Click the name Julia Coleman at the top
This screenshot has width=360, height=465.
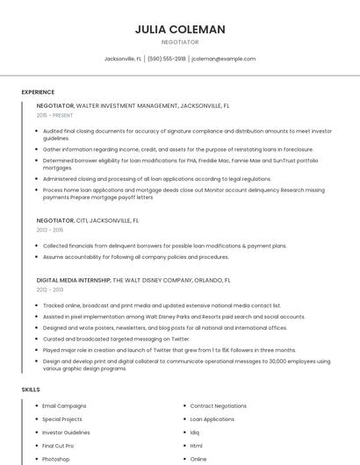point(180,29)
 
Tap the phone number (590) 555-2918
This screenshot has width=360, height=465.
point(167,59)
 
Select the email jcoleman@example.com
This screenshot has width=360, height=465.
point(223,59)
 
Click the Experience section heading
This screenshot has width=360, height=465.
point(38,92)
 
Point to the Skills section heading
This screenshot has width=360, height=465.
point(31,389)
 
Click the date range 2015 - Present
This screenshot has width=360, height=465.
point(55,115)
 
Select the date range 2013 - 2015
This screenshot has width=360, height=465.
point(50,231)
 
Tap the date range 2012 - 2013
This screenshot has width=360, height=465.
point(50,290)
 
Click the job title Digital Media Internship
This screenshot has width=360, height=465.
point(74,280)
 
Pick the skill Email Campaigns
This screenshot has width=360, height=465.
point(64,406)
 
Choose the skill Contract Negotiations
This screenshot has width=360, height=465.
point(219,406)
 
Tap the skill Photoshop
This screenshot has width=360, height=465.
point(55,459)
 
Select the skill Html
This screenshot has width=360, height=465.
point(197,446)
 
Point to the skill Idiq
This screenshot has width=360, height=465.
point(195,433)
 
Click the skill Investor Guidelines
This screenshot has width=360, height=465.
point(66,433)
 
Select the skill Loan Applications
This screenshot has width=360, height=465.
point(212,419)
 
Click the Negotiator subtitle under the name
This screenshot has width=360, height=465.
point(180,42)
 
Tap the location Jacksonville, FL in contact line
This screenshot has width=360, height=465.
point(123,59)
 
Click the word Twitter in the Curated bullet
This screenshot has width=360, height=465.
point(180,339)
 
